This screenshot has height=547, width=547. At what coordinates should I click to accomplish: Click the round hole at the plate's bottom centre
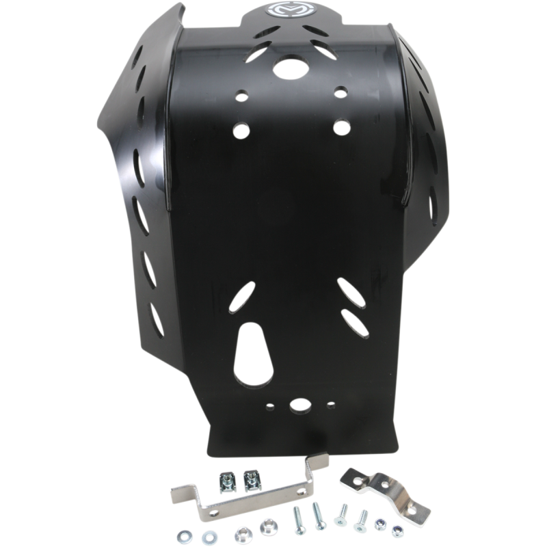299,405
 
